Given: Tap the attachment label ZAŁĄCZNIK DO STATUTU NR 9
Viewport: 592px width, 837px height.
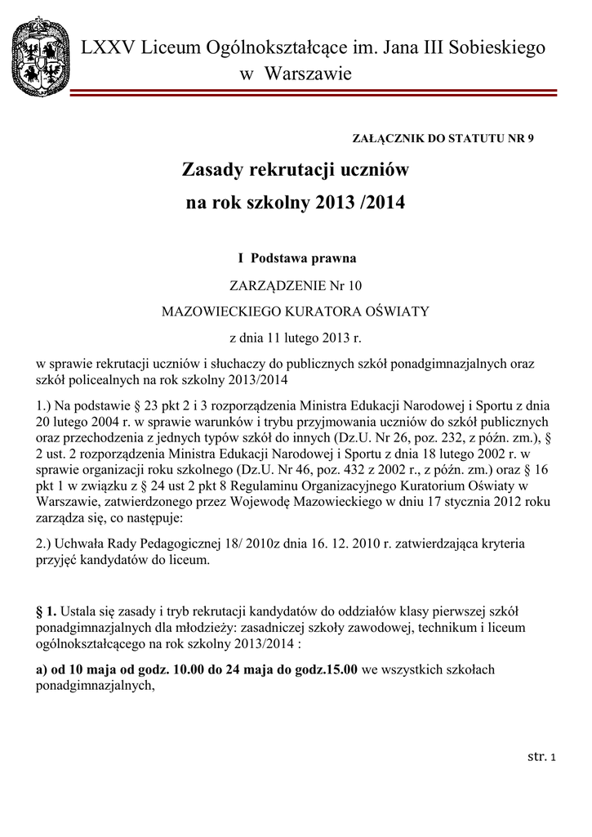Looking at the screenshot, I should (443, 138).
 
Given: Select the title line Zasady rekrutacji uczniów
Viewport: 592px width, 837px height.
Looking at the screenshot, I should (295, 171).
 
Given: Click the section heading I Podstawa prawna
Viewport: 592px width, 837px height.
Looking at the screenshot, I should (296, 258).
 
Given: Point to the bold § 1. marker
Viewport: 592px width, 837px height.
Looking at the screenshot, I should (51, 611).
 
